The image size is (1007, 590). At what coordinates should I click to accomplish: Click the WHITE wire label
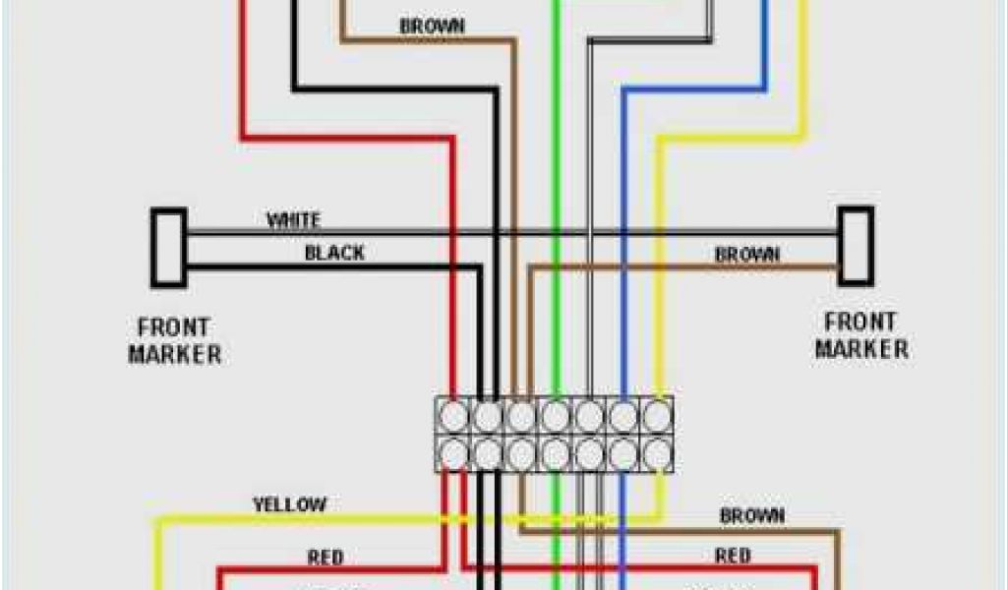(293, 219)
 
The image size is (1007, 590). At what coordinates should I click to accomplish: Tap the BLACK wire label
(334, 253)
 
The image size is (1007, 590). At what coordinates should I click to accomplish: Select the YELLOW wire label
(289, 504)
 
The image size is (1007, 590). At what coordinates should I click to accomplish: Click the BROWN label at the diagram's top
(432, 26)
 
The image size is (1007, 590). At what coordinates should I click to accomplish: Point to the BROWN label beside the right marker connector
(747, 254)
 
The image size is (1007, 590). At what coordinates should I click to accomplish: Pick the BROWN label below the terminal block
(752, 515)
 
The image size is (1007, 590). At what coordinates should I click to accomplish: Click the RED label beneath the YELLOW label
(325, 558)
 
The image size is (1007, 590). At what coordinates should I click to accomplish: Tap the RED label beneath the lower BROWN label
(733, 556)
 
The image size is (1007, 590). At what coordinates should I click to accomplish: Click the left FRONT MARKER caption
(174, 339)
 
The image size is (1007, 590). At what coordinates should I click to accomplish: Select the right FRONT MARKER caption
(860, 335)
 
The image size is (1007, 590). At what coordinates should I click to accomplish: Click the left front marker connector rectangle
(168, 247)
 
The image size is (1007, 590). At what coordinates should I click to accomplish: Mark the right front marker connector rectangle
(856, 245)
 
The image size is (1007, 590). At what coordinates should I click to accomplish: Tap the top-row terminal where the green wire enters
(556, 417)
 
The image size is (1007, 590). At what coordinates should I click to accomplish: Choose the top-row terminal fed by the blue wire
(623, 417)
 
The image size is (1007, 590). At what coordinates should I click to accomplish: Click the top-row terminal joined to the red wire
(454, 417)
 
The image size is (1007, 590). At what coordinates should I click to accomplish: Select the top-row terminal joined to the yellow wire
(656, 417)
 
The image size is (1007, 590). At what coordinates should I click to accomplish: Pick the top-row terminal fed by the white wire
(589, 417)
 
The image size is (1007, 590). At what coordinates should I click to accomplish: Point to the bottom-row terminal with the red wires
(454, 452)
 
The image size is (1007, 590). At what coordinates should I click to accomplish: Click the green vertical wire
(556, 197)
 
